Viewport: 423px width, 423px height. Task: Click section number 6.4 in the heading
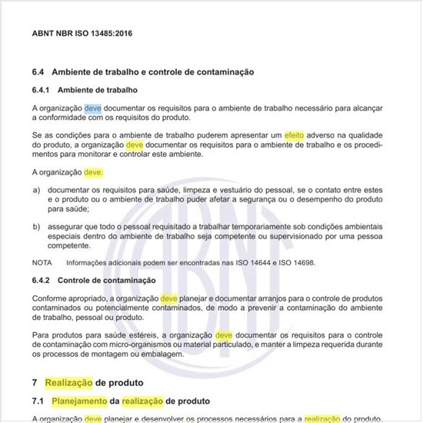(x=38, y=72)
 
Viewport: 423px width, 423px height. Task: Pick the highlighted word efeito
(x=295, y=135)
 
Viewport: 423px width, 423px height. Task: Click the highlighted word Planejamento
(x=80, y=401)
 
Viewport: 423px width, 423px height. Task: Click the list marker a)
(x=36, y=188)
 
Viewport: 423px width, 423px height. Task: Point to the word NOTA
(x=42, y=262)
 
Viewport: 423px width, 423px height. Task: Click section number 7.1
(x=38, y=401)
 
